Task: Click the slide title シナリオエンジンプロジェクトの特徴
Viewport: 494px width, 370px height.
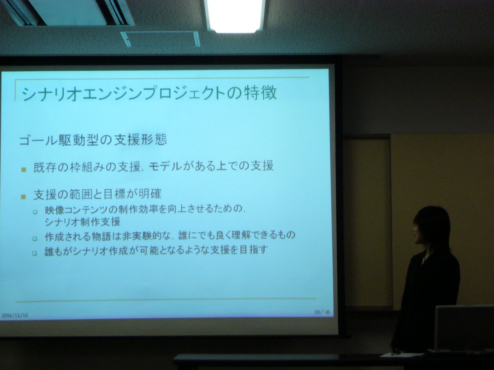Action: [x=149, y=93]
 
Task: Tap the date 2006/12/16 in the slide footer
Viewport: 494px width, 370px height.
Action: [x=15, y=315]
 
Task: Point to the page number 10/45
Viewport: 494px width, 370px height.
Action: [x=322, y=312]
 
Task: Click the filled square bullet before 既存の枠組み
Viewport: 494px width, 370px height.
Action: [x=24, y=170]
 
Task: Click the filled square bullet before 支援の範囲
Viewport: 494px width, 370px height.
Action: [x=24, y=197]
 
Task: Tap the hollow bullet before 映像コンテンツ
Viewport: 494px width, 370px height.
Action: [x=35, y=212]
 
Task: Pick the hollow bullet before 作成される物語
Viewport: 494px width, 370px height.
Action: [x=35, y=239]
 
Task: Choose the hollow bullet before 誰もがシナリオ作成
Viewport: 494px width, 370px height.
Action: [x=34, y=253]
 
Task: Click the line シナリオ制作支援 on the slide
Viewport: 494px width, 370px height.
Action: [x=83, y=222]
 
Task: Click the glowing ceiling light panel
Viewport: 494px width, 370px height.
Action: [x=235, y=16]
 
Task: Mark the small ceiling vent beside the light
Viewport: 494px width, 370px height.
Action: [x=160, y=39]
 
